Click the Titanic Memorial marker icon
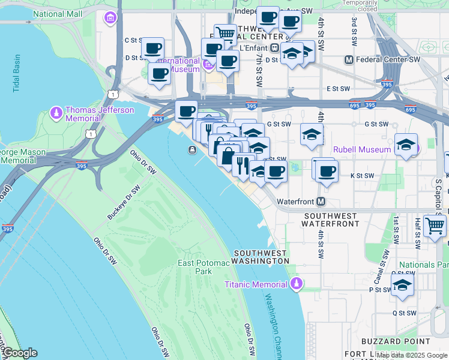click(x=295, y=283)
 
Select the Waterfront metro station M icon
click(x=321, y=201)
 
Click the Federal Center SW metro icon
click(x=348, y=60)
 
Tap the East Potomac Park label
click(x=195, y=267)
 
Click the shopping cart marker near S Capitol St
click(x=435, y=226)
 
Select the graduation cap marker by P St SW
click(x=402, y=285)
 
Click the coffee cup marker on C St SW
click(x=152, y=47)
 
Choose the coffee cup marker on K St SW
click(x=327, y=170)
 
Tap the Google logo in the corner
click(x=19, y=353)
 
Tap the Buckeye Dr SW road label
click(x=124, y=200)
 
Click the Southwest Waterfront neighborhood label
click(x=333, y=219)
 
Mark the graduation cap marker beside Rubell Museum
click(x=406, y=145)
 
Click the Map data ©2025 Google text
click(x=412, y=355)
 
